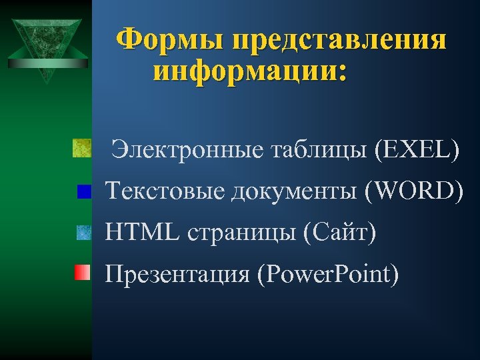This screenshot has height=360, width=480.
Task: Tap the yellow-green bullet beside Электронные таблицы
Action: pyautogui.click(x=81, y=147)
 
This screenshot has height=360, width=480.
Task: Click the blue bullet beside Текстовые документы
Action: pyautogui.click(x=84, y=192)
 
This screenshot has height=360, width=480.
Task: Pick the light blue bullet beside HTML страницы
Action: pyautogui.click(x=83, y=233)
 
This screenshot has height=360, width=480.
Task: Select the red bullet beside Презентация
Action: pyautogui.click(x=82, y=272)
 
